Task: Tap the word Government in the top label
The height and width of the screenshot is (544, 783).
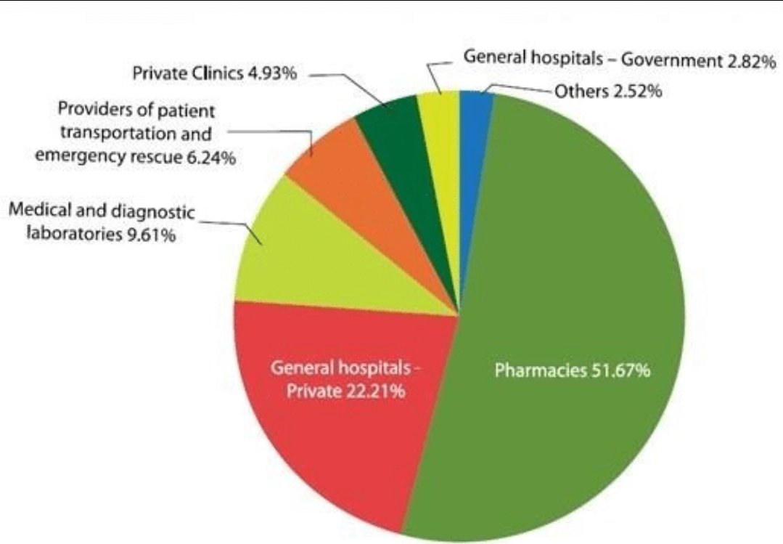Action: click(x=671, y=61)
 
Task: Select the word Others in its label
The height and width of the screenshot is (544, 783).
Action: click(x=578, y=92)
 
